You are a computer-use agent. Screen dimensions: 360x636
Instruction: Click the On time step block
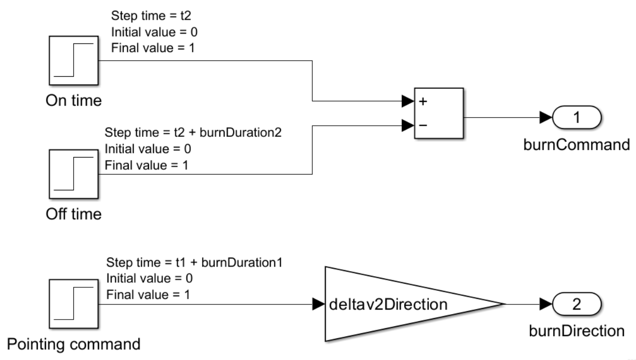(x=74, y=60)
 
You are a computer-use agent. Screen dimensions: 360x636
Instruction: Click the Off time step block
(x=74, y=174)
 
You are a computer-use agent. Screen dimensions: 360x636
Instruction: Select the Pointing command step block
(x=74, y=304)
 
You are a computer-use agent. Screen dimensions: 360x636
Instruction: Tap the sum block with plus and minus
(x=438, y=113)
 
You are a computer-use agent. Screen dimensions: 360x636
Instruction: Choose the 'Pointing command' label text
(x=74, y=345)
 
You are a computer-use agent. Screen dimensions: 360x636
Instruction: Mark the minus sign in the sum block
(x=423, y=124)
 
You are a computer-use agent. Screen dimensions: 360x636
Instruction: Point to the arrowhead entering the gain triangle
(x=319, y=304)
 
